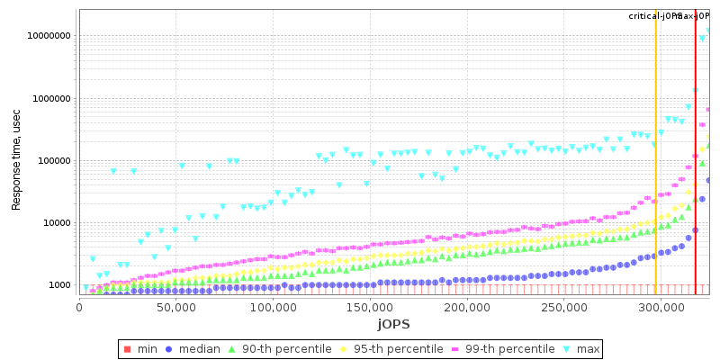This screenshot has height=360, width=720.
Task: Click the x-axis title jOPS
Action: pyautogui.click(x=392, y=324)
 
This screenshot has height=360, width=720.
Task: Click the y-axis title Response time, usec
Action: pyautogui.click(x=16, y=161)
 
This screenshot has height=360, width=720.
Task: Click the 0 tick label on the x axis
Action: pyautogui.click(x=79, y=308)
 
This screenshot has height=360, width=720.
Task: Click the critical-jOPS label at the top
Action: pyautogui.click(x=654, y=16)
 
